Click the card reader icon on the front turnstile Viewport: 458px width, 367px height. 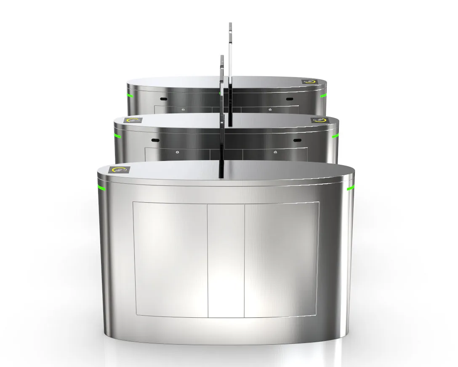click(x=120, y=170)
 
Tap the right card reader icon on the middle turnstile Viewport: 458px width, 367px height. click(x=319, y=121)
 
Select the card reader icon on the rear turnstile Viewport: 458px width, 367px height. click(x=309, y=82)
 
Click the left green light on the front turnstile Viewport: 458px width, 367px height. click(x=101, y=187)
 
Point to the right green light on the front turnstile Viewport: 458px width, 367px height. click(x=351, y=188)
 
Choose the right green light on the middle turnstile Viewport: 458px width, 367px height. click(x=335, y=136)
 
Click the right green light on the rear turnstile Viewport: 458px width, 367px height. click(x=323, y=96)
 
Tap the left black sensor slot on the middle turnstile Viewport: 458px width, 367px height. click(x=155, y=139)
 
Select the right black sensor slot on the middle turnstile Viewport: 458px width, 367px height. click(x=297, y=140)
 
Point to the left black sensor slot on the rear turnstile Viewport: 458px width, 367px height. click(x=163, y=99)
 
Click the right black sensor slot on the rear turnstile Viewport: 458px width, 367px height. click(x=289, y=99)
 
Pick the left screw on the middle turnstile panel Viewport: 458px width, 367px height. click(x=177, y=152)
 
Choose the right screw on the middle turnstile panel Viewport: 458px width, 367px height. click(x=275, y=152)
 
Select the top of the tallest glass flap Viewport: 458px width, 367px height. click(x=230, y=24)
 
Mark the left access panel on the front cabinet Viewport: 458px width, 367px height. click(x=170, y=259)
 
